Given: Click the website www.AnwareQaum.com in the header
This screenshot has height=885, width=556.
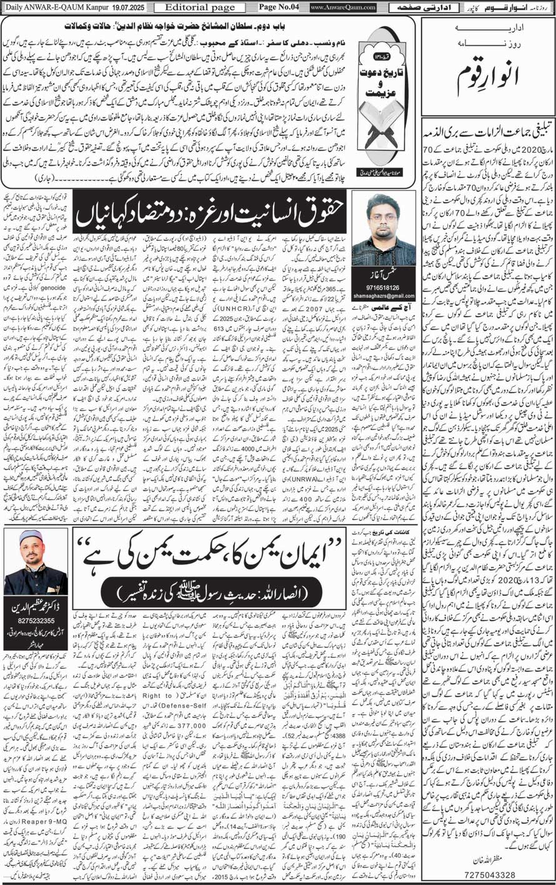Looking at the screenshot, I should [342, 8].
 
